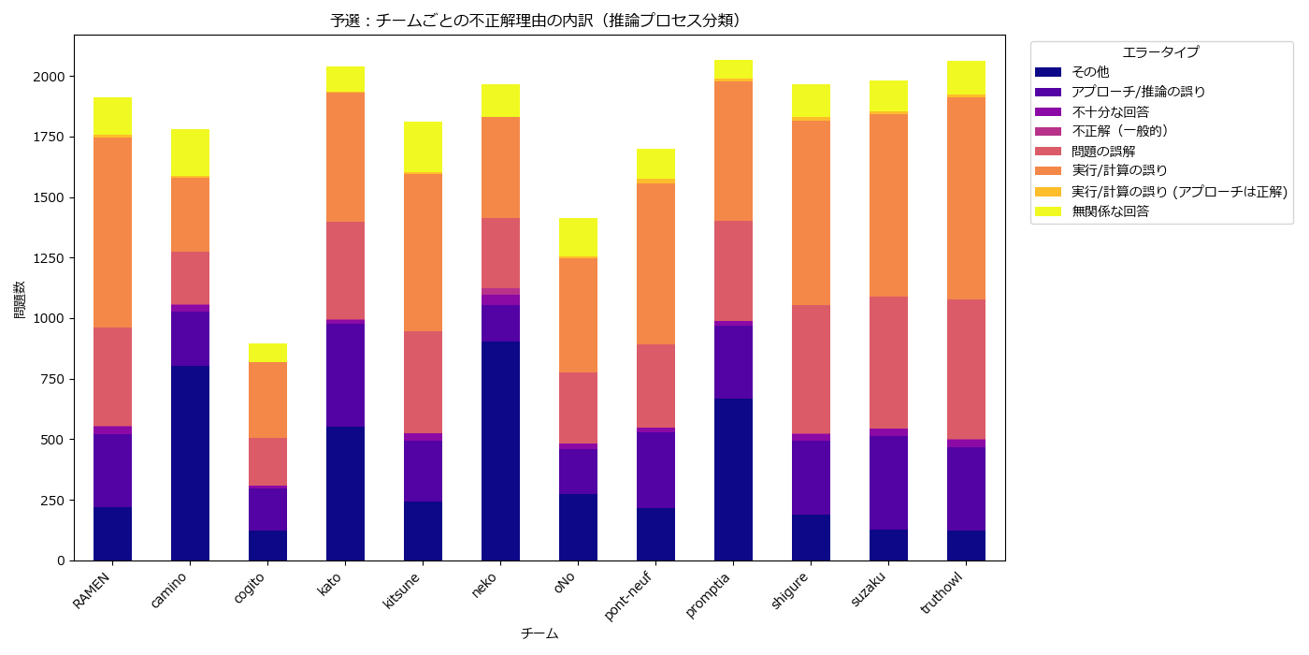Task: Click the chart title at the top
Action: tap(541, 21)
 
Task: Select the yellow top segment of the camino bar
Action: tap(190, 153)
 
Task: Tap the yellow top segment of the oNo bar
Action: tap(578, 237)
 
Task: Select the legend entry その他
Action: tap(1090, 71)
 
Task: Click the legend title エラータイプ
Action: tap(1160, 52)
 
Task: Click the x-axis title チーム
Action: tap(539, 633)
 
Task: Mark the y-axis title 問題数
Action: tap(19, 299)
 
